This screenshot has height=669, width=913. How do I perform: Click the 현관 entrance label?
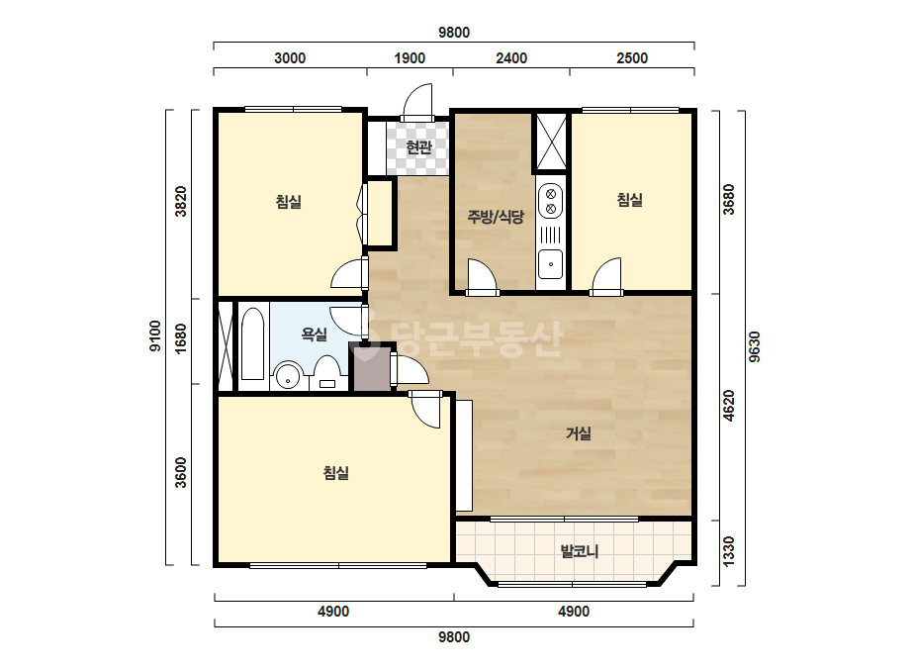(418, 146)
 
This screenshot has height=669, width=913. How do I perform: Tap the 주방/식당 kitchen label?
(496, 217)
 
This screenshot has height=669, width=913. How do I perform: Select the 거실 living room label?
(579, 433)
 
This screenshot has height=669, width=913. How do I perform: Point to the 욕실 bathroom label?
(314, 334)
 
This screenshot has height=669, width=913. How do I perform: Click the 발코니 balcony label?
(580, 550)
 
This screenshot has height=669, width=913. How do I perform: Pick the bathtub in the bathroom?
(252, 343)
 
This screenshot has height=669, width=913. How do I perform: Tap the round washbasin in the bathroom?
(288, 376)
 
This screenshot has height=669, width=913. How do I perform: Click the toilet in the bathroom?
(326, 373)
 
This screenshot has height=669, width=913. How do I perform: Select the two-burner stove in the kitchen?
(550, 200)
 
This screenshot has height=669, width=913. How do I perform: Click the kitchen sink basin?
(550, 264)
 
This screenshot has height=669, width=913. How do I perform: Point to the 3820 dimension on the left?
(181, 201)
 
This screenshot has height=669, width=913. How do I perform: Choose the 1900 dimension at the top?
(410, 57)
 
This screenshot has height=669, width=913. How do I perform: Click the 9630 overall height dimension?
(754, 346)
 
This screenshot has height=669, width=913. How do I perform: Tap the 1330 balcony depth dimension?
(728, 550)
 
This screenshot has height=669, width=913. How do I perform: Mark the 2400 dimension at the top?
(511, 57)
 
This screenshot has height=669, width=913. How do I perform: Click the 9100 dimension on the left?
(155, 335)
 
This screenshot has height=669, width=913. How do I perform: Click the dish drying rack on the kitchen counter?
(550, 235)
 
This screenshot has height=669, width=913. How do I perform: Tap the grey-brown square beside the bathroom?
(371, 368)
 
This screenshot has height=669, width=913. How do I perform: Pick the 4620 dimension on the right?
(728, 406)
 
